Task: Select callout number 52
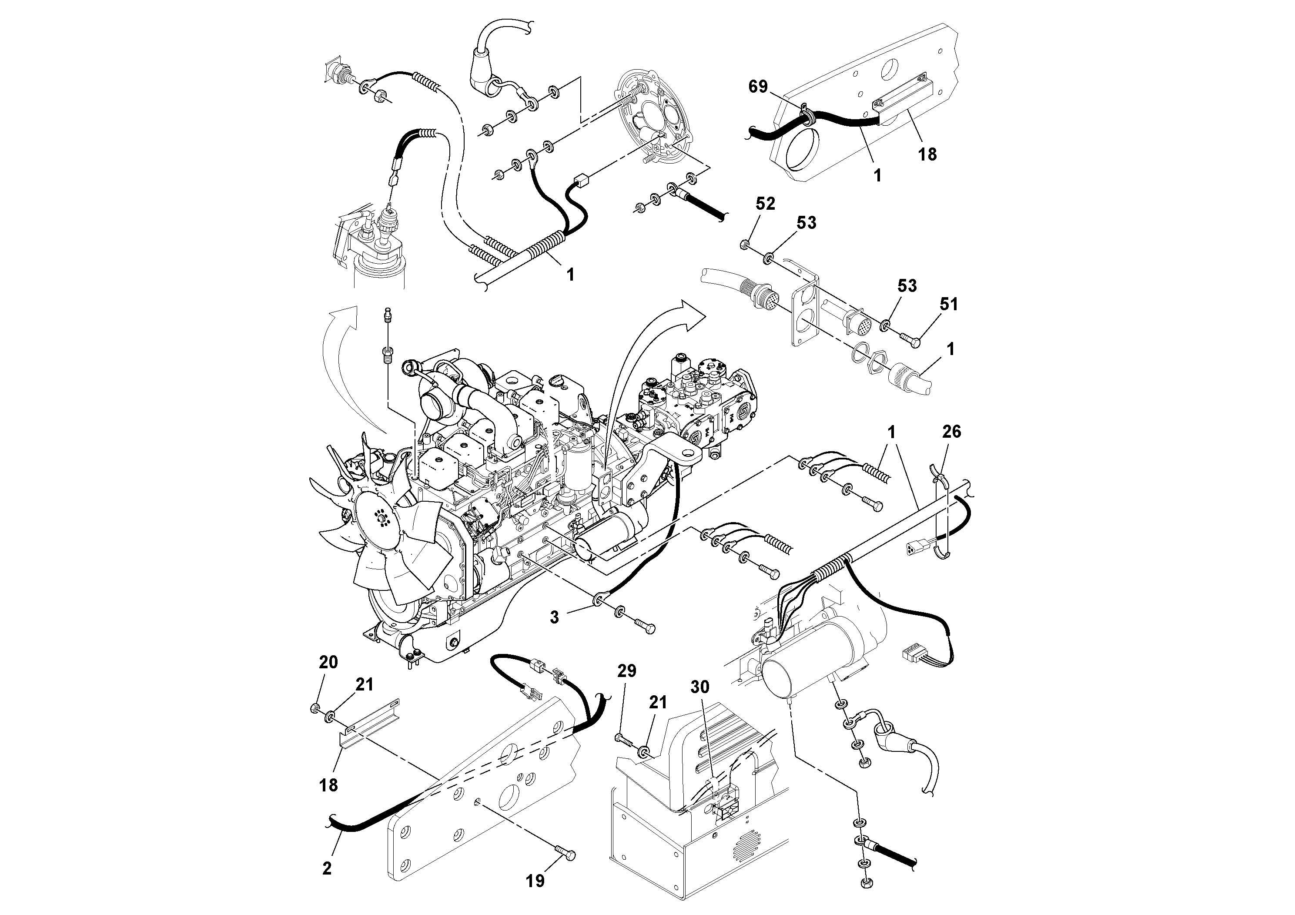765,204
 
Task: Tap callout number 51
949,305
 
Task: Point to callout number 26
951,432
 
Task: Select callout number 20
328,662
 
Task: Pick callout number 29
627,671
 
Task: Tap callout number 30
700,687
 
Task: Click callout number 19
535,881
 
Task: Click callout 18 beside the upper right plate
927,154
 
